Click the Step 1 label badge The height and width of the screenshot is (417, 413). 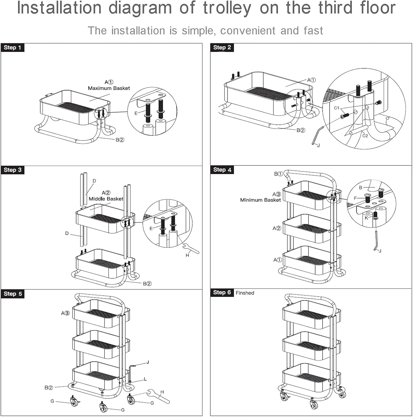click(x=12, y=48)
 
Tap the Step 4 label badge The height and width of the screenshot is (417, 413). click(x=222, y=170)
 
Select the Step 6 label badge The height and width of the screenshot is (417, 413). click(x=222, y=292)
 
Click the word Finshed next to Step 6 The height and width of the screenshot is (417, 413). click(x=245, y=293)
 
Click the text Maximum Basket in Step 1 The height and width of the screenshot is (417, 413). click(x=109, y=88)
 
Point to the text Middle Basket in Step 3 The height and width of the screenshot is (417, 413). click(x=106, y=199)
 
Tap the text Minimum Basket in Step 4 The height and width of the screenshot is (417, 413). click(x=260, y=200)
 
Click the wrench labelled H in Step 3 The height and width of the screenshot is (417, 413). click(x=191, y=248)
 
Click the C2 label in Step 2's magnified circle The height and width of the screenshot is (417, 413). click(x=365, y=136)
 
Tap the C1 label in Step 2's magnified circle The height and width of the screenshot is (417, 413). click(x=336, y=108)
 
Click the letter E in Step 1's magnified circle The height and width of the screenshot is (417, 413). click(x=136, y=113)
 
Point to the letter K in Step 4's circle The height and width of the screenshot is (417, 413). click(x=366, y=218)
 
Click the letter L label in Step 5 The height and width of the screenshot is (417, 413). click(x=145, y=379)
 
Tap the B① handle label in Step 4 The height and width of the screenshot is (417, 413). click(x=278, y=174)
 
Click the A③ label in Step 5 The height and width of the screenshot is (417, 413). click(x=65, y=313)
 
